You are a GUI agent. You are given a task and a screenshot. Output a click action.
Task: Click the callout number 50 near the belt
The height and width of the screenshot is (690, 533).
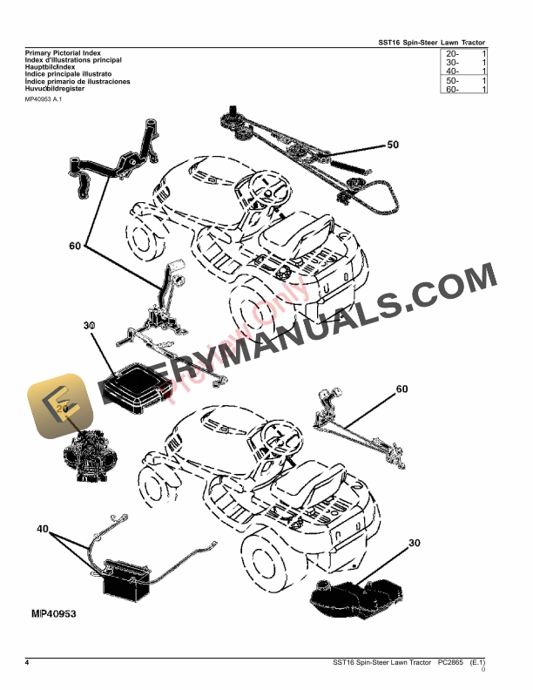(x=392, y=145)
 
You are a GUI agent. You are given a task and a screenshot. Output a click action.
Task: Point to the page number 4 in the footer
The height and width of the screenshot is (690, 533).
(x=28, y=663)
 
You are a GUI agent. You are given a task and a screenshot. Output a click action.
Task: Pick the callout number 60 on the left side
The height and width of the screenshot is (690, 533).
(x=75, y=247)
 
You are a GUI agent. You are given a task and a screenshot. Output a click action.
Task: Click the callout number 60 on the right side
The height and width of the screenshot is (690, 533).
(x=401, y=389)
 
